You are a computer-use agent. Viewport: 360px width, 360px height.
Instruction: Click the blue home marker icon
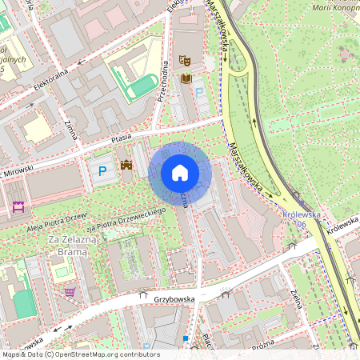[x=180, y=173]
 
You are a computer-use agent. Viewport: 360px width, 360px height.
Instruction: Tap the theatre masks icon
[x=185, y=59]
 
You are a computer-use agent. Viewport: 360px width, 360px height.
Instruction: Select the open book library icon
[x=186, y=78]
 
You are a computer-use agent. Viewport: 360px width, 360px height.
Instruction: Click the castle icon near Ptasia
[x=126, y=165]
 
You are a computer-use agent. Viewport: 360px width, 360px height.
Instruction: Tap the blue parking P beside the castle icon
[x=102, y=170]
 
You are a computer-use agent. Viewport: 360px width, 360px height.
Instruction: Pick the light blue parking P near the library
[x=200, y=94]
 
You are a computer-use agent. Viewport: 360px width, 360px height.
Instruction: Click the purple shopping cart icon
[x=70, y=292]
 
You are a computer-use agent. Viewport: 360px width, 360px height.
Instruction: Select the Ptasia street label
[x=121, y=138]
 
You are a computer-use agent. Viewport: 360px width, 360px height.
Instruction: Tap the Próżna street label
[x=262, y=342]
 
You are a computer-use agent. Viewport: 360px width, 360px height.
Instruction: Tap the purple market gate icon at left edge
[x=18, y=207]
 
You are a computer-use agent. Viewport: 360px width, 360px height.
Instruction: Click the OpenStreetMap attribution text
[x=80, y=354]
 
